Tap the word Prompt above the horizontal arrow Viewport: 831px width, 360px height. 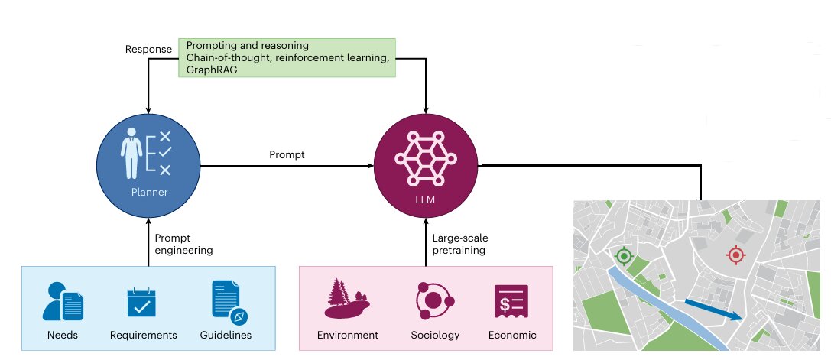tap(287, 155)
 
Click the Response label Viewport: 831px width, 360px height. tap(148, 50)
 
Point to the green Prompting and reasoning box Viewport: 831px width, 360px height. tap(287, 57)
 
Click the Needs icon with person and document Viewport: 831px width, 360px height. tap(63, 301)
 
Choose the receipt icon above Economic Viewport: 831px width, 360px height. tap(512, 301)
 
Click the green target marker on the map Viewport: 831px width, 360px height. tap(625, 256)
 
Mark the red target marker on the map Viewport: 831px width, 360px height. tap(736, 255)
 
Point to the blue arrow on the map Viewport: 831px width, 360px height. tap(713, 310)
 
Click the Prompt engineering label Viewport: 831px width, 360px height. tap(183, 244)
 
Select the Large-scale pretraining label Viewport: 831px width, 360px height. tap(459, 244)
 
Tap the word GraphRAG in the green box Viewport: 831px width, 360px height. tap(210, 70)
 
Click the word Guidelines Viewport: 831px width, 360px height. tap(226, 335)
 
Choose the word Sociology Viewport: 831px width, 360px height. tap(435, 335)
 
